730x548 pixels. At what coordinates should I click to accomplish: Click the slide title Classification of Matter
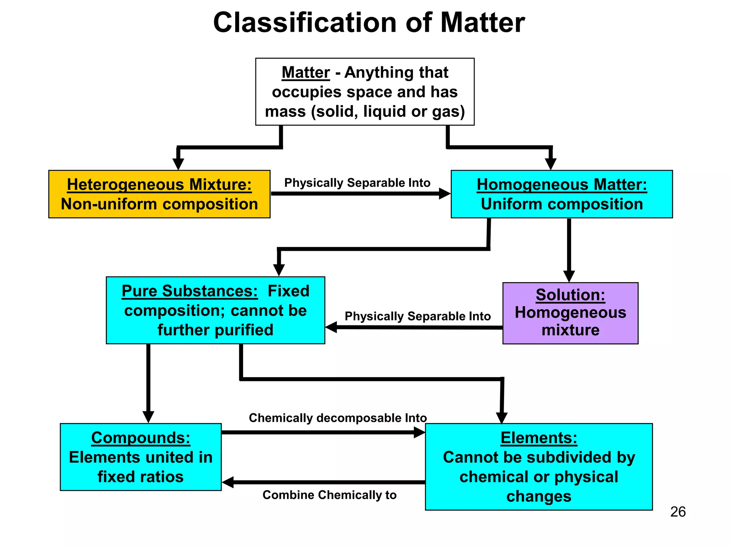(x=369, y=23)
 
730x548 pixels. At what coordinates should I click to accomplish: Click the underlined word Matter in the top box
(x=305, y=72)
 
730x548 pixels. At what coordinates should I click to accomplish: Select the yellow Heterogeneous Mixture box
(x=159, y=194)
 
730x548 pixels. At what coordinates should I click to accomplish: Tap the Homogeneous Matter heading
(x=562, y=185)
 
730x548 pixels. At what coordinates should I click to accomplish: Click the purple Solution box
(x=570, y=313)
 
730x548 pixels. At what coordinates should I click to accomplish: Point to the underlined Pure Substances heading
(x=190, y=291)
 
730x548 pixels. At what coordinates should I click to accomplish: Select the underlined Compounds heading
(x=141, y=438)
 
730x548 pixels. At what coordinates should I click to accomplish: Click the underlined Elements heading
(x=539, y=438)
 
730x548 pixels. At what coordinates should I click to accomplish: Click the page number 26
(x=678, y=512)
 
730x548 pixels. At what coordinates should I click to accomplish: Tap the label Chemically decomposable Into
(x=338, y=418)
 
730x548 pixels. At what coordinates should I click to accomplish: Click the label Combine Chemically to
(x=329, y=495)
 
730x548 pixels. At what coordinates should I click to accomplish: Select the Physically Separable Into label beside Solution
(x=417, y=316)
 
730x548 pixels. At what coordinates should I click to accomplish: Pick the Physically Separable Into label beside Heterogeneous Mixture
(x=357, y=183)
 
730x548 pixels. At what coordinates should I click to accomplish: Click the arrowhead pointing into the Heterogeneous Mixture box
(x=178, y=164)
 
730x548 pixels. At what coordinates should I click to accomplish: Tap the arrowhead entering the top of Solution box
(x=569, y=276)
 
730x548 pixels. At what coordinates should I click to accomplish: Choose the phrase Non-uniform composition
(x=159, y=204)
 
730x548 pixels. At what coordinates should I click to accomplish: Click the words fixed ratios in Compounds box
(x=141, y=477)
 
